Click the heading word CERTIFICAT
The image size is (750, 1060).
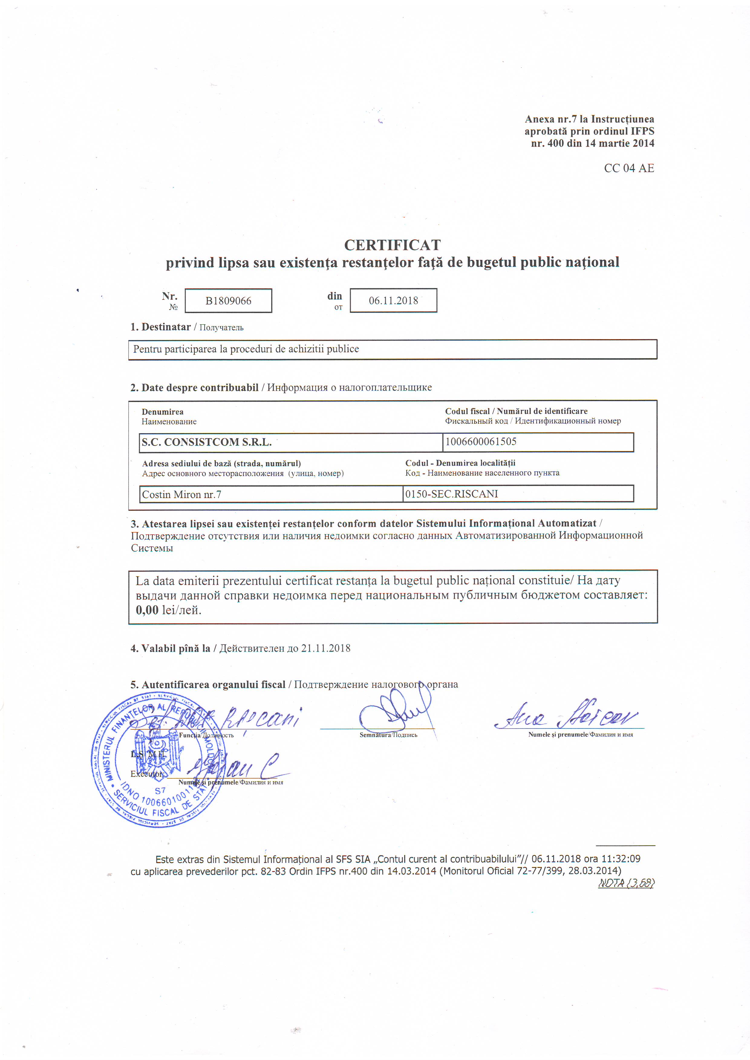[392, 245]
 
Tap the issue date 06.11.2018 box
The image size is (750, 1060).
[393, 300]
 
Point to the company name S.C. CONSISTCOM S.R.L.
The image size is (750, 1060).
[207, 442]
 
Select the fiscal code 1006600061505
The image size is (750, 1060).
[481, 441]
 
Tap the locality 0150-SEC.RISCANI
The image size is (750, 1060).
[451, 494]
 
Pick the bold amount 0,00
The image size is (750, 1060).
[147, 610]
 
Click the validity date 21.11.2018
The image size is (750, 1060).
[326, 648]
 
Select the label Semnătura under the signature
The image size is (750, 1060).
[375, 735]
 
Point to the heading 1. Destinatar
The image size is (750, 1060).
[160, 327]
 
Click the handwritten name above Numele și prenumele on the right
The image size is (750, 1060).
[568, 717]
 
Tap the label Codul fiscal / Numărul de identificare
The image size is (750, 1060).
[516, 411]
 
